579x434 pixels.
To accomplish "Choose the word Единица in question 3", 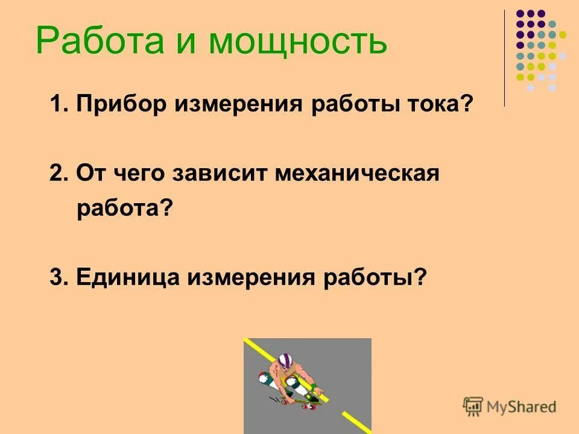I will click(128, 277).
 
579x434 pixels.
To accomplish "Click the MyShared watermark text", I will click(522, 407).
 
